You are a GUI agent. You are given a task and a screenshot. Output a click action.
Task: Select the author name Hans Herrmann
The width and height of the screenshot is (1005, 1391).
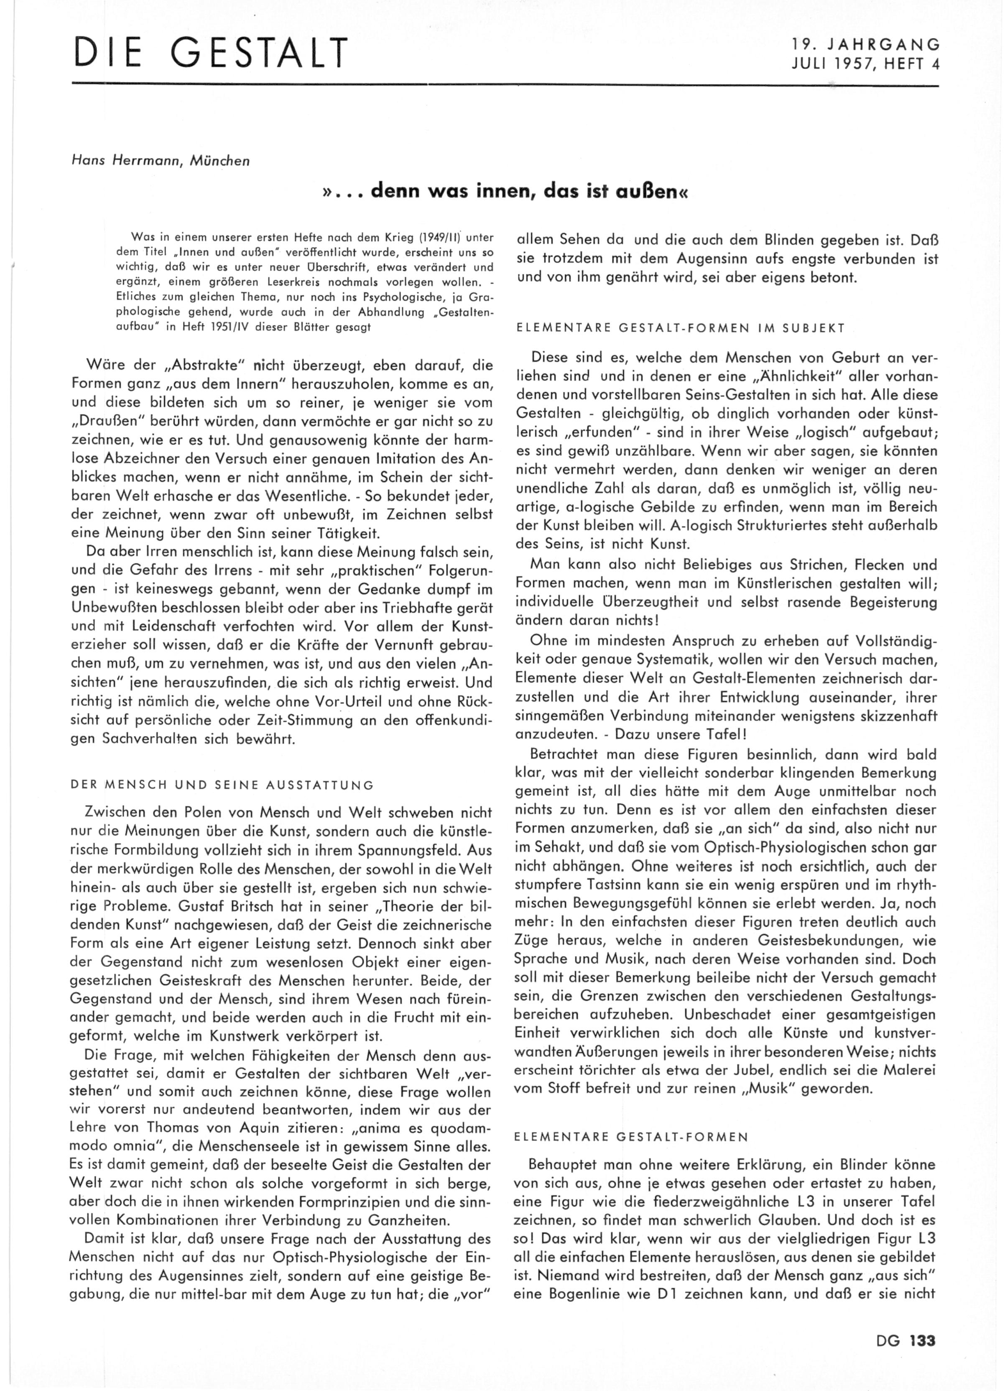click(129, 161)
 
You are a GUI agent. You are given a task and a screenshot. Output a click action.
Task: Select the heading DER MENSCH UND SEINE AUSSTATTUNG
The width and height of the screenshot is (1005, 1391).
click(222, 785)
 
